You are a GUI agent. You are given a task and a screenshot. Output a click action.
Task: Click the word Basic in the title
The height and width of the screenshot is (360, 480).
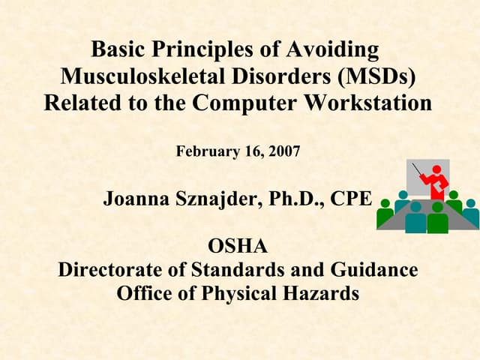pos(119,50)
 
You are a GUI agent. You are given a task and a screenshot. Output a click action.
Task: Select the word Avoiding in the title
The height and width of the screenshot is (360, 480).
pos(334,50)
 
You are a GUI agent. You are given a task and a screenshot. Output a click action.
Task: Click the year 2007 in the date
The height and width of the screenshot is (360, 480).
pos(283,151)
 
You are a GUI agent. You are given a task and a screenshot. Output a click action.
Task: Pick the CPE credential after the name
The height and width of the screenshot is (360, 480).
pos(353,199)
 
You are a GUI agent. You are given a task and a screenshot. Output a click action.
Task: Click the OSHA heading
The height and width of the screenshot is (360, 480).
pos(238,245)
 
